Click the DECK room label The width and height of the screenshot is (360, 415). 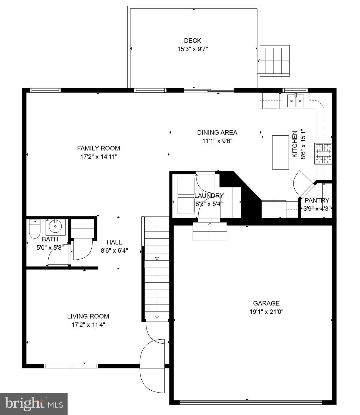point(192,41)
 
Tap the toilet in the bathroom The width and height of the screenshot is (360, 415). point(35,229)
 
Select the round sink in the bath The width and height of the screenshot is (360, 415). point(55,226)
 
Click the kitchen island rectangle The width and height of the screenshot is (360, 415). point(280,152)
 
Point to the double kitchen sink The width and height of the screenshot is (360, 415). point(295,101)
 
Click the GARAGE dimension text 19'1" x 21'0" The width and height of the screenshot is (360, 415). point(266,312)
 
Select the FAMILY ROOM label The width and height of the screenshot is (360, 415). point(98,148)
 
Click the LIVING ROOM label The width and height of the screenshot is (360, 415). point(88,316)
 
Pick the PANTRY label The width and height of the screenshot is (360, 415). point(317,200)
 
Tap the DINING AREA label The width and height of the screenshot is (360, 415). point(217,132)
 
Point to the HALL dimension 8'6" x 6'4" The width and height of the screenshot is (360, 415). point(114,250)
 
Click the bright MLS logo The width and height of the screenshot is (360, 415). point(34,404)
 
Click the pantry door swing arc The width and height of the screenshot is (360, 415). point(299,181)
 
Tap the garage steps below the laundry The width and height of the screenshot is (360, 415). point(210,232)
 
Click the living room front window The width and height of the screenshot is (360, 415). point(71,366)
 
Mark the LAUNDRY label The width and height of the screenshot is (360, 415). point(209,195)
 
